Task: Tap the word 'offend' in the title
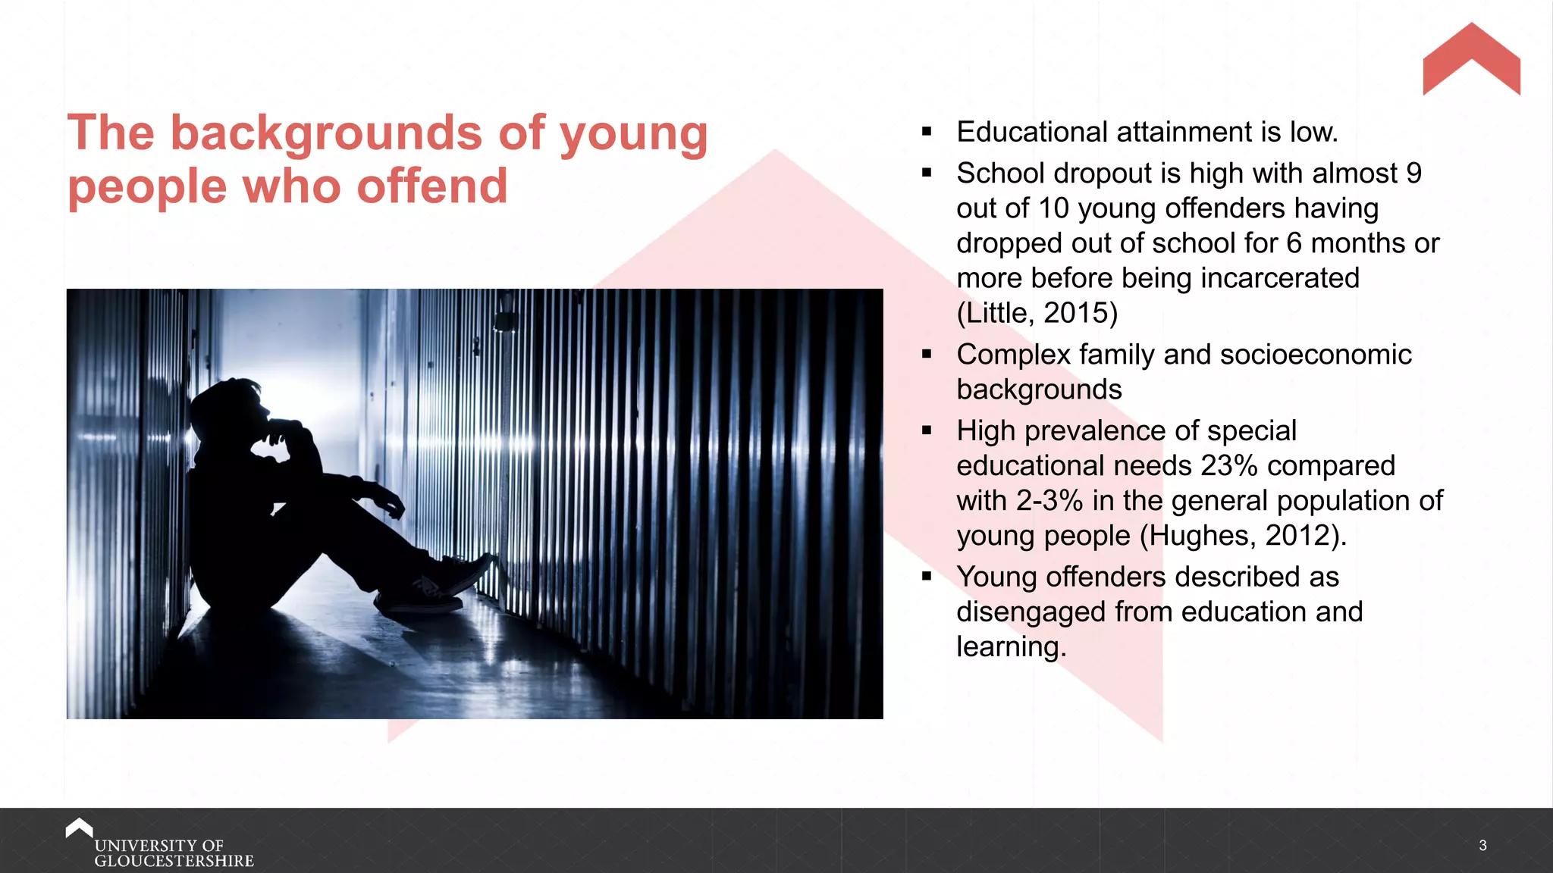431,186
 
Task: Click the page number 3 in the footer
1482,845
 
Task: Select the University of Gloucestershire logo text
174,853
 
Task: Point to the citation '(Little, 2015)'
1037,313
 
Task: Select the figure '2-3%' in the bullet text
1049,501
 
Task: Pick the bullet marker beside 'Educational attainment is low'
927,132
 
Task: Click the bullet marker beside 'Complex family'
927,354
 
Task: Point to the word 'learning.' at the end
1011,647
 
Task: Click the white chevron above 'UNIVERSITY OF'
79,827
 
